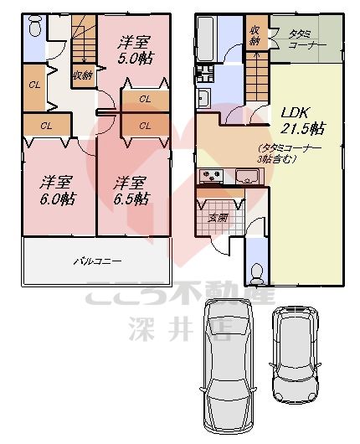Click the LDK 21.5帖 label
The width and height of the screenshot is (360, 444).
[x=302, y=121]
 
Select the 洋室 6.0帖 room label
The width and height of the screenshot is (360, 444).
[x=56, y=190]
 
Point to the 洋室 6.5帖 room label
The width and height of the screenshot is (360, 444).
[x=132, y=190]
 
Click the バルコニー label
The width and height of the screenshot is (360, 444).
[x=97, y=261]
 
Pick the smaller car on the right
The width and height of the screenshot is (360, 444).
[x=296, y=352]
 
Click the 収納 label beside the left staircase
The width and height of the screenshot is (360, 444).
[x=82, y=75]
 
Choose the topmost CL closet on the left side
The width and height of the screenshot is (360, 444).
[x=34, y=85]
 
